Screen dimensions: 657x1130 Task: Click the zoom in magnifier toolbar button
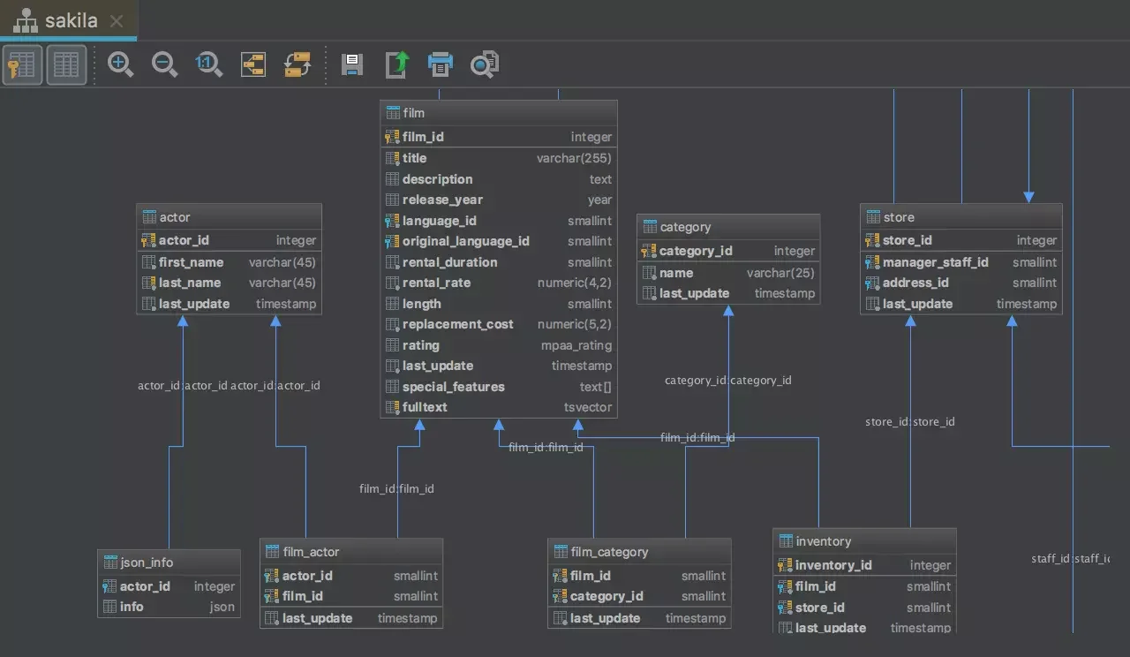tap(120, 64)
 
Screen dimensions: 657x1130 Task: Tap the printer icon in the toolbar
tap(440, 64)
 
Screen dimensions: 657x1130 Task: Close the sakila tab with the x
tap(117, 20)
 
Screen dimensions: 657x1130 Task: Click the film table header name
tap(413, 113)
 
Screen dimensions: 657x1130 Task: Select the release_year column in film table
tap(442, 200)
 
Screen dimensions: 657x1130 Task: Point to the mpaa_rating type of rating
tap(576, 345)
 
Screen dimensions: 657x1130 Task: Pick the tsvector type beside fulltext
tap(587, 407)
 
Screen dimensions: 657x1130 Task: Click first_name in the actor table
tap(191, 262)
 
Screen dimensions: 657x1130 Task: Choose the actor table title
tap(175, 217)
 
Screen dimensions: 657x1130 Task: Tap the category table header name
tap(685, 227)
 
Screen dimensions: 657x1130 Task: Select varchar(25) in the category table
tap(780, 273)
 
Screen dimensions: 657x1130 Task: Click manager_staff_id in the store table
tap(935, 262)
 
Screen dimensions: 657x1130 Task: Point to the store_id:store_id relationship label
tap(909, 422)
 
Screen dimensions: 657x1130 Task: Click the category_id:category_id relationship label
tap(727, 381)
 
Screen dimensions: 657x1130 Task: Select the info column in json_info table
tap(132, 607)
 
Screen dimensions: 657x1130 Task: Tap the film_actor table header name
tap(311, 552)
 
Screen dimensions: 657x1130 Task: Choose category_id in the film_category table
tap(606, 596)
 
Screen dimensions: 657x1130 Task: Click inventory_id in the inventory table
tap(832, 565)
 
